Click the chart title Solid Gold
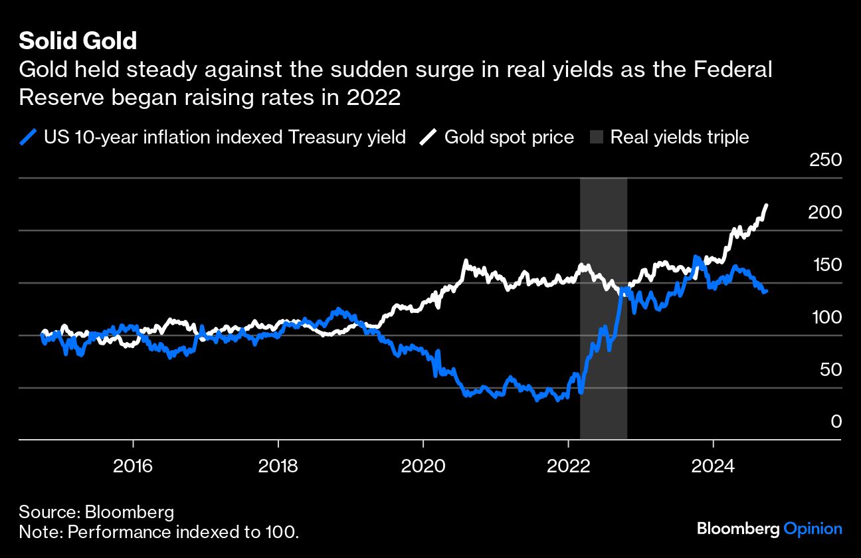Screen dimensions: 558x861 [78, 41]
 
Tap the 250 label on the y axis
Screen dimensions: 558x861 [824, 160]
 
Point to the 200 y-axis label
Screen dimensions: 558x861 [824, 213]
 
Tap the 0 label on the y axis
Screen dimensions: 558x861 [836, 422]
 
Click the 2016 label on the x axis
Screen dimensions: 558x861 [133, 466]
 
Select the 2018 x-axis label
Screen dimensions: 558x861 [278, 466]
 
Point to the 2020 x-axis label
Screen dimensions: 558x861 [423, 466]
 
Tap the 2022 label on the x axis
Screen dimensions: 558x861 [568, 466]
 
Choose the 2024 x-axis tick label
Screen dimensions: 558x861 [713, 466]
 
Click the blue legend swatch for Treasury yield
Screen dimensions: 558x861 [29, 138]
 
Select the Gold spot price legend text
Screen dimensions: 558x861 [509, 138]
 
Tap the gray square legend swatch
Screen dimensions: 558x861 [596, 138]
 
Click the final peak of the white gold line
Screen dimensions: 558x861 [767, 205]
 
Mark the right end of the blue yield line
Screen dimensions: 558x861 [766, 291]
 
